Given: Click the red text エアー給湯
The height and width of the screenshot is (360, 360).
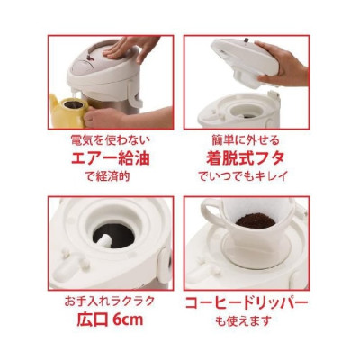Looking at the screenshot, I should (x=110, y=159).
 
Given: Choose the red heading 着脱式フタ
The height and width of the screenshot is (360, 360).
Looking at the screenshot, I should (x=247, y=159).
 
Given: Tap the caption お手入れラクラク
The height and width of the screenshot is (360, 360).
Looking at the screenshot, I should (x=110, y=301).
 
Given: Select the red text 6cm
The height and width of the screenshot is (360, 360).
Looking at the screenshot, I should (x=129, y=319).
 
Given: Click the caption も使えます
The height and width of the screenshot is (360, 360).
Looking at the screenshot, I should (x=247, y=320).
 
